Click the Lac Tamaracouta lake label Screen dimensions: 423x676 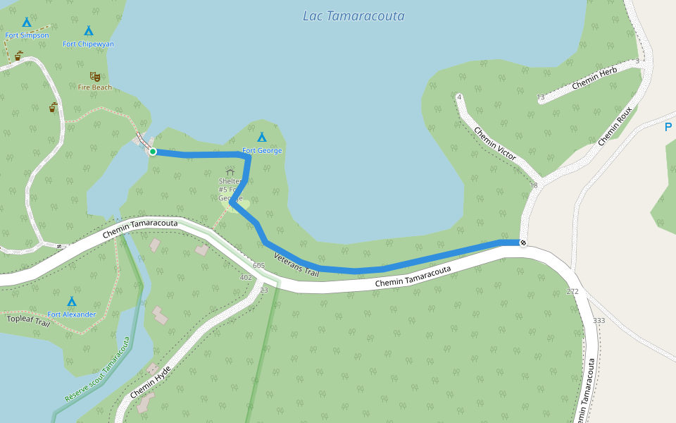tap(353, 16)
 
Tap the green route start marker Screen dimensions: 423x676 tap(153, 151)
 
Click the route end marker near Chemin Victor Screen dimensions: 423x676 tap(522, 243)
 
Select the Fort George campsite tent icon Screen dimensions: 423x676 tap(262, 137)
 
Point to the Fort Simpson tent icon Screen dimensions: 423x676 tap(27, 22)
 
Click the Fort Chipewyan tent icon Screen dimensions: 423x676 tap(89, 30)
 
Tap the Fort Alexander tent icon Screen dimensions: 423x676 tap(71, 301)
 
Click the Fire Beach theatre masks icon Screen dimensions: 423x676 tap(94, 76)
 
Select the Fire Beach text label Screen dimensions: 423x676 tap(95, 87)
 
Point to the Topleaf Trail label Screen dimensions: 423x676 tap(29, 321)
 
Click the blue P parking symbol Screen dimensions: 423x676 tap(668, 128)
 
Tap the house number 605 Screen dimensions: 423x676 tap(258, 265)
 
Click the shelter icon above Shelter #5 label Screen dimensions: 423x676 tap(230, 171)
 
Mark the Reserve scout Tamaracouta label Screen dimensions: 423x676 tap(98, 369)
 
